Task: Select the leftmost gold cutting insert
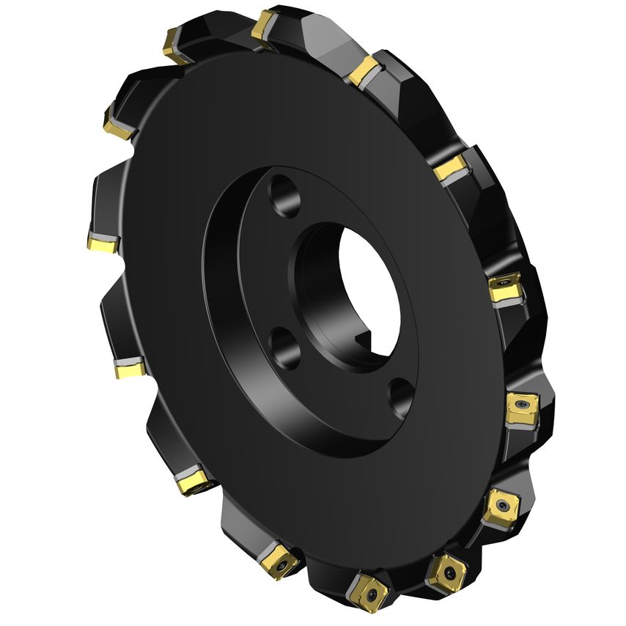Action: point(100,243)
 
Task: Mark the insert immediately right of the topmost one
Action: point(362,70)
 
